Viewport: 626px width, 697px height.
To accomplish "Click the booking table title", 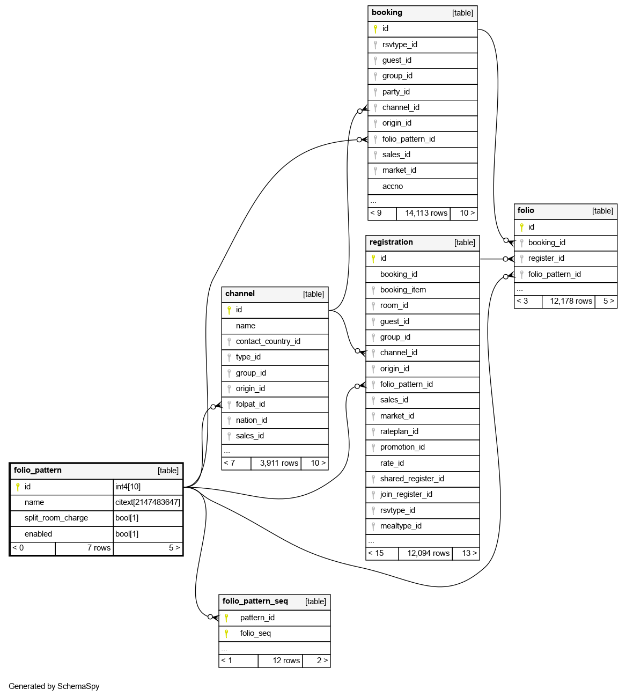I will point(387,13).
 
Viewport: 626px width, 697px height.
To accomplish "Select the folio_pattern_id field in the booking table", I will point(408,139).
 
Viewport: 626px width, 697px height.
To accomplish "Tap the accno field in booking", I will point(392,186).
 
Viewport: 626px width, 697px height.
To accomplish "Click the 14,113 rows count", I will point(426,213).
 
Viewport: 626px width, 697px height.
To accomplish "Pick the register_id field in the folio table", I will point(546,258).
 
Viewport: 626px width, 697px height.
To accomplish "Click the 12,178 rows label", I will point(571,301).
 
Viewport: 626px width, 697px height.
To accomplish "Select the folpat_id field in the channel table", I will point(250,404).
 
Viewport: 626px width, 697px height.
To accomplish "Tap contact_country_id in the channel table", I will point(268,341).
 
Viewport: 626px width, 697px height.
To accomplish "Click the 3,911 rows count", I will point(279,463).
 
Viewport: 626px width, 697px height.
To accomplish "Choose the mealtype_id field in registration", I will point(401,526).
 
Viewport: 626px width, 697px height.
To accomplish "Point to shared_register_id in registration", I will point(412,479).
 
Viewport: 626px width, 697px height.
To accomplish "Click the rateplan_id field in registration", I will point(399,431).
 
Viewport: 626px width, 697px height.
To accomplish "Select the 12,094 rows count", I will point(428,553).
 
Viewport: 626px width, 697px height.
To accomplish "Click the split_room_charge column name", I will point(56,518).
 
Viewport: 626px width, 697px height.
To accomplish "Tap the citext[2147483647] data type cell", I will point(148,502).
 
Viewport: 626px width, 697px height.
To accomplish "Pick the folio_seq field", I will point(255,633).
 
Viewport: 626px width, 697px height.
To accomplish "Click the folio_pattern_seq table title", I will point(255,601).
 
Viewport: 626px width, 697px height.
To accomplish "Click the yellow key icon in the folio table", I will point(521,227).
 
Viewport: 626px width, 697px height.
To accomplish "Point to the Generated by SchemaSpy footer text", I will point(54,686).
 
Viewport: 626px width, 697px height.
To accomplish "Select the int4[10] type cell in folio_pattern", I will point(128,487).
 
